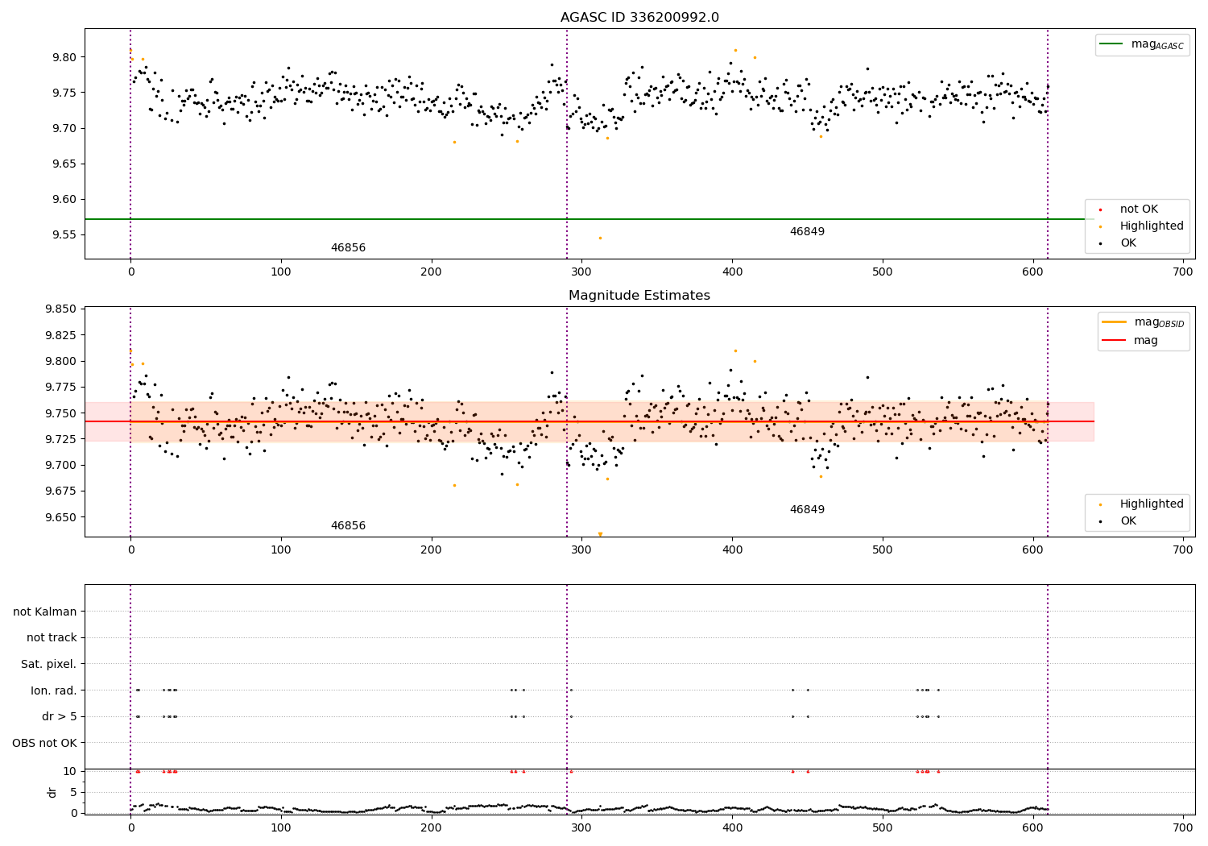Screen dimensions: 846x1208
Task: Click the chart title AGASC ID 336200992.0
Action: (x=639, y=18)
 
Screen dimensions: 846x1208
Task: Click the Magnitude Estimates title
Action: (x=639, y=296)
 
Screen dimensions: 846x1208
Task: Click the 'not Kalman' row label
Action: (x=45, y=612)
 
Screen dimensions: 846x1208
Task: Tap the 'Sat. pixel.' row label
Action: (x=49, y=664)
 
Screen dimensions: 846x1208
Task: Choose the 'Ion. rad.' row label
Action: (x=54, y=690)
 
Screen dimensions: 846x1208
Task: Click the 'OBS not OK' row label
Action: (x=45, y=743)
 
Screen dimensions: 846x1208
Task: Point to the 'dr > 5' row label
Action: (x=60, y=716)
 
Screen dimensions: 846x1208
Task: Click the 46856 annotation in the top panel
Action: (x=348, y=248)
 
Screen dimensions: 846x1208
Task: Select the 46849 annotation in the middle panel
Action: (x=807, y=510)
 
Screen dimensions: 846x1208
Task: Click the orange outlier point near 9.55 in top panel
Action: (x=600, y=238)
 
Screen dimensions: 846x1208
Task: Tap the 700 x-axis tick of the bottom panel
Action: (x=1183, y=827)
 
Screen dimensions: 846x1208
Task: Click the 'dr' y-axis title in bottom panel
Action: (x=52, y=792)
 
